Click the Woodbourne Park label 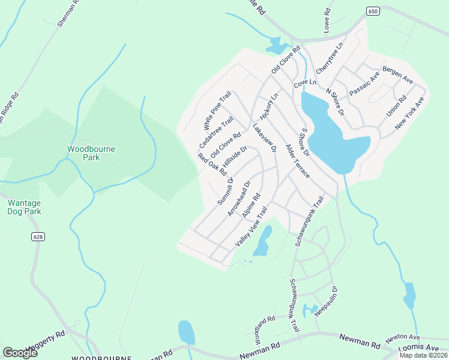click(x=83, y=153)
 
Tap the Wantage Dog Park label click(x=23, y=207)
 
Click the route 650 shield click(x=372, y=11)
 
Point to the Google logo click(x=20, y=353)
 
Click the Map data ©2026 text click(x=423, y=355)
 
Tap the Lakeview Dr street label click(x=264, y=138)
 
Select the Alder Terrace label click(x=297, y=161)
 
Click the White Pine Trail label click(x=217, y=112)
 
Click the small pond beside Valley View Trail click(x=262, y=242)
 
